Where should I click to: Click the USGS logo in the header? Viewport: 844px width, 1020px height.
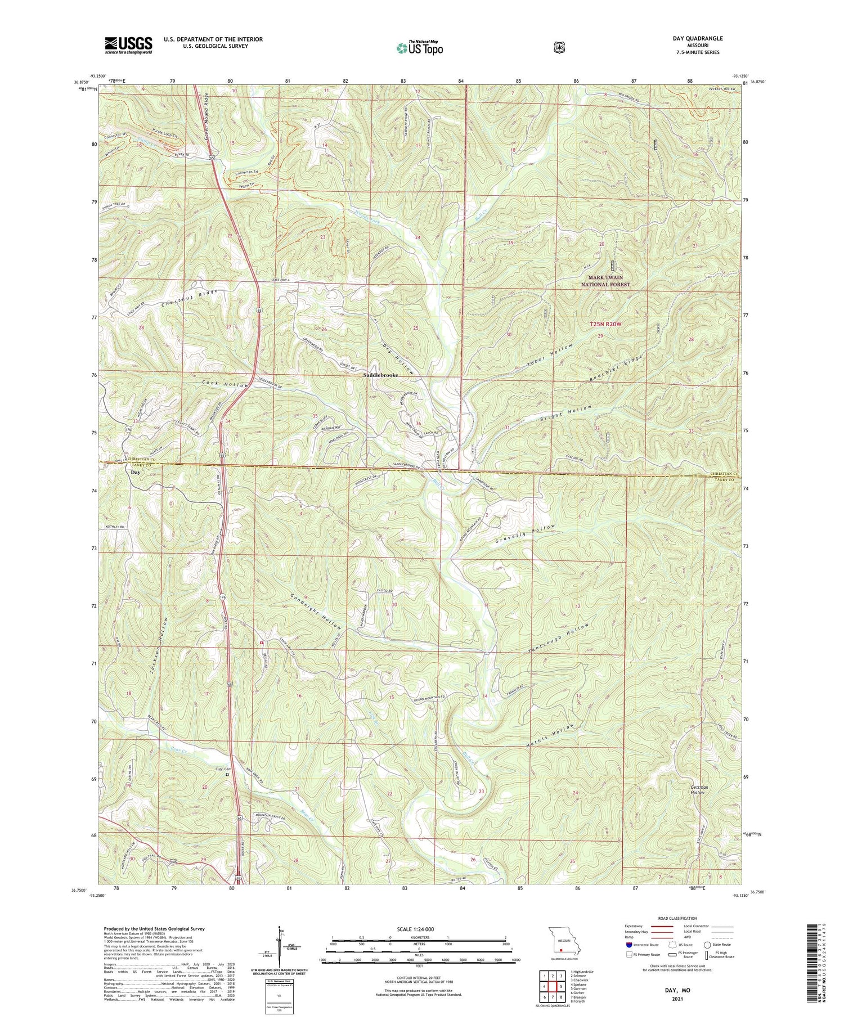128,45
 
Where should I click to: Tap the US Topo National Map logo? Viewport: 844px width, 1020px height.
419,48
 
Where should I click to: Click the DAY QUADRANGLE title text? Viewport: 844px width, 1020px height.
696,38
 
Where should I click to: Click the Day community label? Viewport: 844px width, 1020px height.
136,473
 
